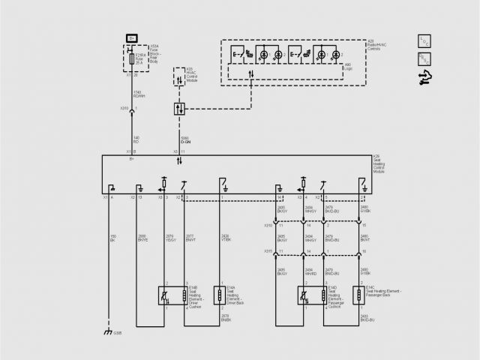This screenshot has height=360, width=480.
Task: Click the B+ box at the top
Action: coord(132,37)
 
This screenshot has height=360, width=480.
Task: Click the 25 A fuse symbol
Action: coord(133,58)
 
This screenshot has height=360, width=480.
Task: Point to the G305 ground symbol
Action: coord(109,332)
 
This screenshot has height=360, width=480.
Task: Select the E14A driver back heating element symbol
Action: coord(220,293)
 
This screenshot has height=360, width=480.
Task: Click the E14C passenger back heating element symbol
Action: coord(359,293)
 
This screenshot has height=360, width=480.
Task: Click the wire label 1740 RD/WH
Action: coord(138,94)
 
